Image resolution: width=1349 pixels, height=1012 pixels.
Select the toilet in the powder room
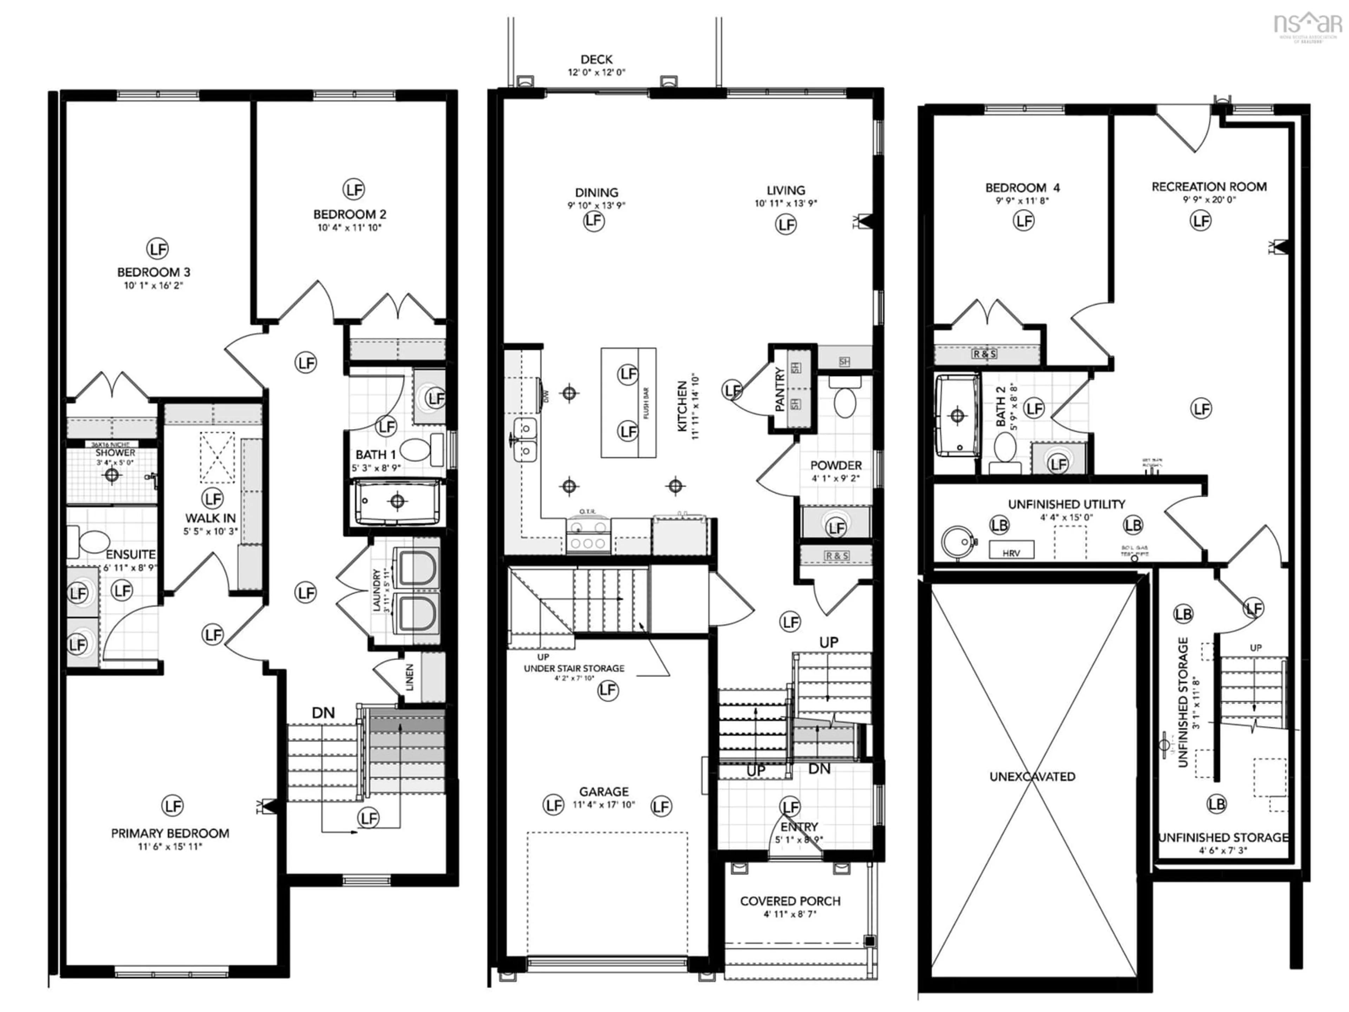click(x=845, y=400)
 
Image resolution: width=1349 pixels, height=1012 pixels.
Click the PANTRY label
click(x=780, y=389)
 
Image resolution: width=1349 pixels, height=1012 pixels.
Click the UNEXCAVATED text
click(x=1032, y=777)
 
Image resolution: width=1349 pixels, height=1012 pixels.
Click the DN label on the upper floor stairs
click(x=323, y=713)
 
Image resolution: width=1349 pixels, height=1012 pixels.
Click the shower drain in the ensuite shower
click(x=112, y=475)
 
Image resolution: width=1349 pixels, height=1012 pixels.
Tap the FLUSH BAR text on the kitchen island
click(x=646, y=403)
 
